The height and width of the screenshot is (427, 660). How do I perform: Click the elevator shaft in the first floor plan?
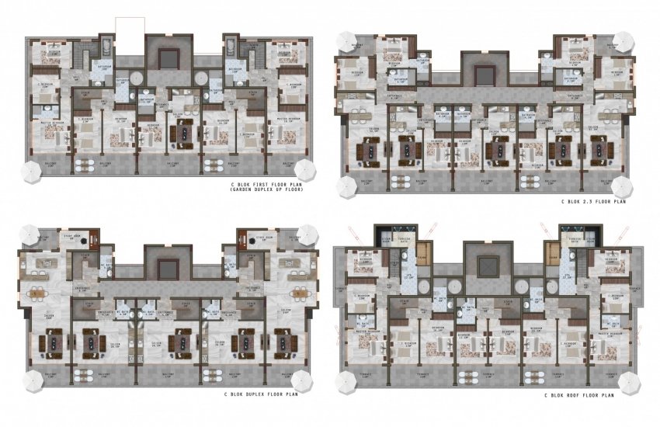click(x=167, y=57)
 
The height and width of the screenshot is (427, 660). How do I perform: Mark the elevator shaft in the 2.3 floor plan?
click(x=485, y=75)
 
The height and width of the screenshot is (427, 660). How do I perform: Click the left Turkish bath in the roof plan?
click(x=403, y=237)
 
